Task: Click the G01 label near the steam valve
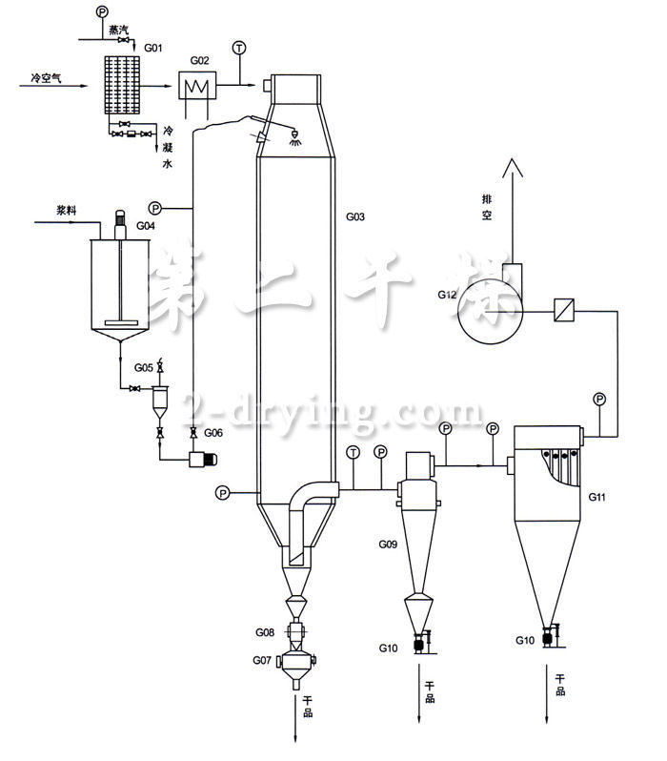tap(152, 45)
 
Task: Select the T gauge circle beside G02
tap(238, 48)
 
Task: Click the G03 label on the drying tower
tap(354, 217)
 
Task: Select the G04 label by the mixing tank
tap(145, 227)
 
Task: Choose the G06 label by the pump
tap(213, 433)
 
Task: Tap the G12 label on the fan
tap(450, 296)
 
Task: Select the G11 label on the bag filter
tap(597, 498)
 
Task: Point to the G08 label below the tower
tap(265, 632)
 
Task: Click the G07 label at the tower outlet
tap(263, 660)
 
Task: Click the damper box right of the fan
tap(563, 310)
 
